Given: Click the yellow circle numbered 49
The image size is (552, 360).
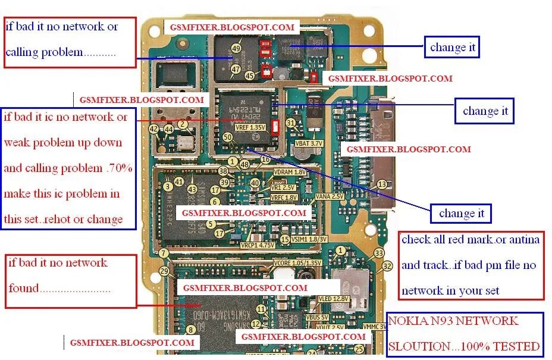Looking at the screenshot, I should pyautogui.click(x=236, y=48).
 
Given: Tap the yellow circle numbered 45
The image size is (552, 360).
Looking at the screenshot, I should pyautogui.click(x=250, y=75).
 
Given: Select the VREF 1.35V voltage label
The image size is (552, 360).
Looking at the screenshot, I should pyautogui.click(x=249, y=127).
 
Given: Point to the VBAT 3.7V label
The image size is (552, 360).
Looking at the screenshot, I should pyautogui.click(x=309, y=143).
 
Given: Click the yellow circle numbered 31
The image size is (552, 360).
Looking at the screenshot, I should pyautogui.click(x=291, y=123).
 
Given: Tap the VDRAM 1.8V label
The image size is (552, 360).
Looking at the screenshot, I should pyautogui.click(x=289, y=171).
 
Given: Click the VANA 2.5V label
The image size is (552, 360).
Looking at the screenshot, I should pyautogui.click(x=329, y=196).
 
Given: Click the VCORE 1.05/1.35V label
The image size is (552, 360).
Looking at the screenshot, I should pyautogui.click(x=297, y=262).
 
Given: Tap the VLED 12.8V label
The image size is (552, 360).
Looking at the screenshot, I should pyautogui.click(x=333, y=299).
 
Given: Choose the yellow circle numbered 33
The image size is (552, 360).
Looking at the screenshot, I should pyautogui.click(x=379, y=253).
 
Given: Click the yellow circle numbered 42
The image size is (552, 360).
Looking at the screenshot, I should pyautogui.click(x=154, y=129).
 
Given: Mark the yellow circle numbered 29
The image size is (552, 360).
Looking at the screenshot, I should pyautogui.click(x=165, y=271).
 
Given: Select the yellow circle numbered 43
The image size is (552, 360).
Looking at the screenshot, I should pyautogui.click(x=192, y=189).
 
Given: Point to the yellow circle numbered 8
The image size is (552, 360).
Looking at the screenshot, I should pyautogui.click(x=190, y=329).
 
